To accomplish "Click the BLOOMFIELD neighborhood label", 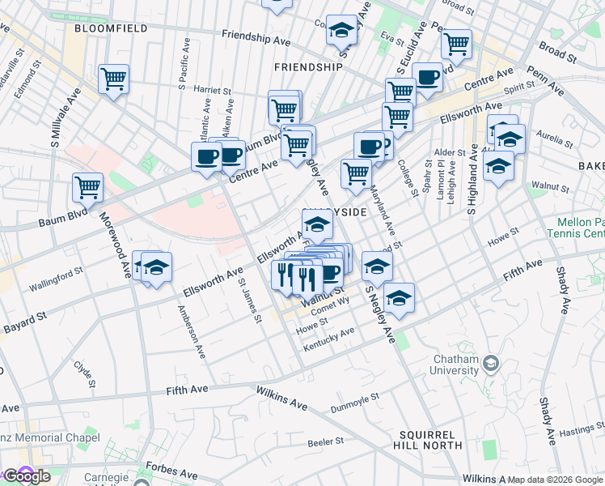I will pyautogui.click(x=111, y=28).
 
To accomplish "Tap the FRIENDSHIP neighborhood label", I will pyautogui.click(x=308, y=67).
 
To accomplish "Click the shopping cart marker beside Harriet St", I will pyautogui.click(x=114, y=79).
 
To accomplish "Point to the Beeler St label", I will pyautogui.click(x=327, y=441).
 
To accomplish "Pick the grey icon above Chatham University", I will pyautogui.click(x=491, y=364).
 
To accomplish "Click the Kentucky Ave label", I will pyautogui.click(x=329, y=339).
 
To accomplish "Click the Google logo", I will pyautogui.click(x=27, y=476).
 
